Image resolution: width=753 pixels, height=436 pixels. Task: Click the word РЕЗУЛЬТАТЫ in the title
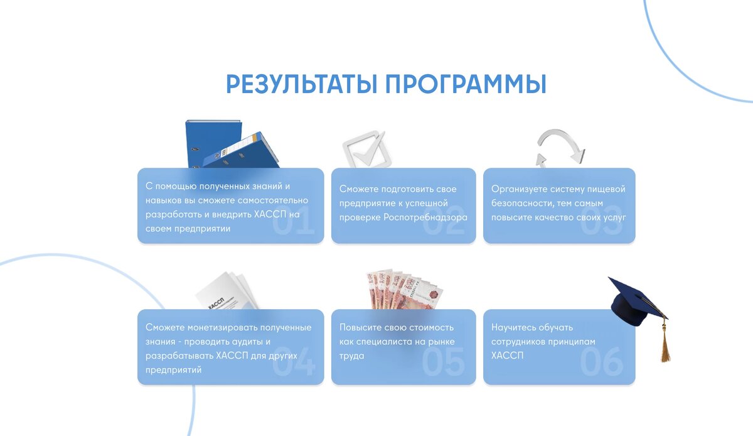tap(301, 85)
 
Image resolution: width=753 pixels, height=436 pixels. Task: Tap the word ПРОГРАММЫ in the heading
tap(465, 85)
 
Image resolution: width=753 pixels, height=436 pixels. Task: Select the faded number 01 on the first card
tap(294, 224)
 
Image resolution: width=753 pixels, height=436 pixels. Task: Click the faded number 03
tap(601, 224)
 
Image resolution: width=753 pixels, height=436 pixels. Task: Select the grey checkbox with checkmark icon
tap(364, 149)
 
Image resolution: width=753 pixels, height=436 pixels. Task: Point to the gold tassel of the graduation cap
tap(665, 346)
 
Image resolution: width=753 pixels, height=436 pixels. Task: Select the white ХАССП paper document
tap(225, 293)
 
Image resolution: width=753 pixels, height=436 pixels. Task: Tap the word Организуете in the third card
tap(519, 189)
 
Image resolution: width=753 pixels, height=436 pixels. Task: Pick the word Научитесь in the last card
tap(515, 327)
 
